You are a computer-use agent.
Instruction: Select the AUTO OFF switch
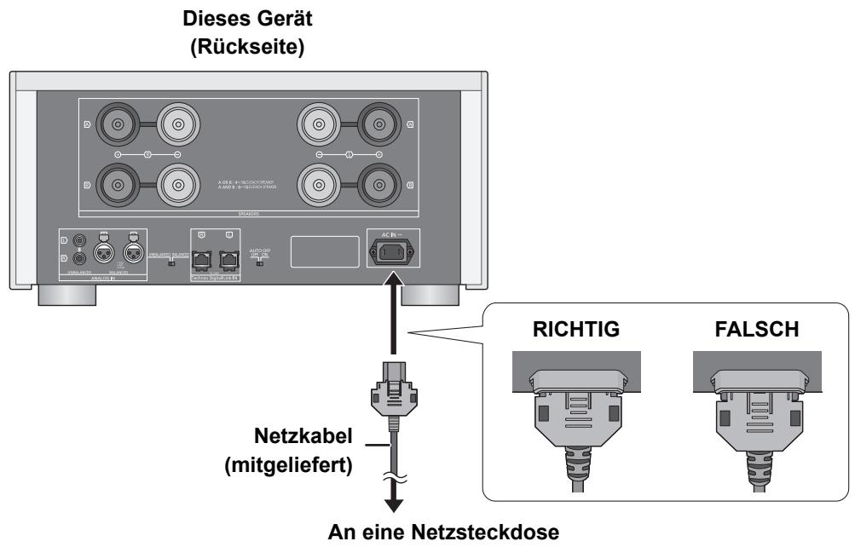pos(260,264)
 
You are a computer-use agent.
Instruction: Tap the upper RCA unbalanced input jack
pos(79,242)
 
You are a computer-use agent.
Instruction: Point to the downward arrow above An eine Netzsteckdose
pos(394,503)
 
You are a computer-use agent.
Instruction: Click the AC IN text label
pos(394,233)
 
